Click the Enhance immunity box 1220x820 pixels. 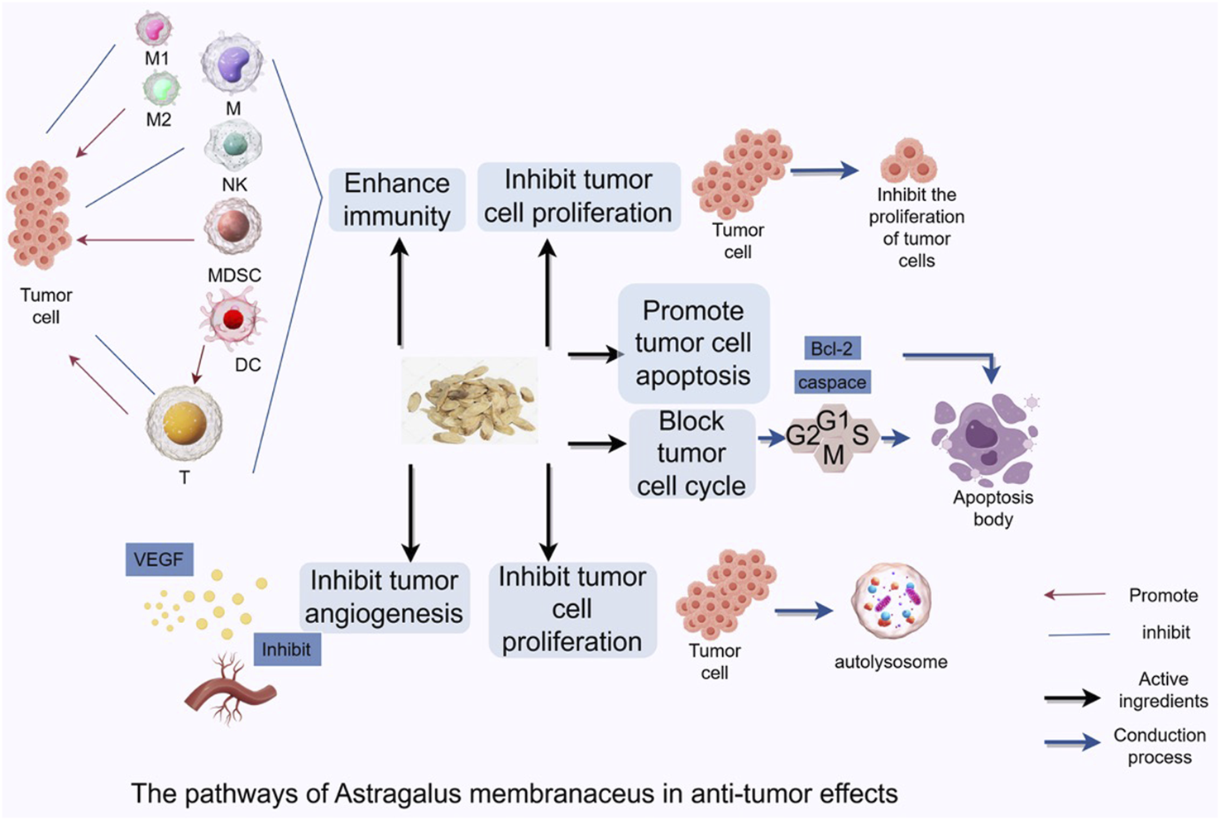[397, 199]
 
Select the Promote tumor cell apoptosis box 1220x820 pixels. [693, 343]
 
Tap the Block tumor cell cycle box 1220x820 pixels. [691, 453]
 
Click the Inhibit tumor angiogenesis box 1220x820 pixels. [384, 597]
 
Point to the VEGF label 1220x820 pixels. [158, 560]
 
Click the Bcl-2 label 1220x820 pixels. [831, 348]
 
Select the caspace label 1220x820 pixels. [832, 382]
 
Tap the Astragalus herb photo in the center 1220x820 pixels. [470, 400]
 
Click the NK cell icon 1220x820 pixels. [234, 145]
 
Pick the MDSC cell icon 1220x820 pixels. [233, 226]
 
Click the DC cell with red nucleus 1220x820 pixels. [232, 319]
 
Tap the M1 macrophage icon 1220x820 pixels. [155, 29]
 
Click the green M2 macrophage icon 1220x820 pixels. [160, 88]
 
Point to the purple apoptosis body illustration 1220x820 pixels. [984, 439]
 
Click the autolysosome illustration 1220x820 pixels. [891, 604]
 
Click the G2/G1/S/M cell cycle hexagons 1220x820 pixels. [830, 437]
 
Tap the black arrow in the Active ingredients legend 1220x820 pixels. [1072, 699]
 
